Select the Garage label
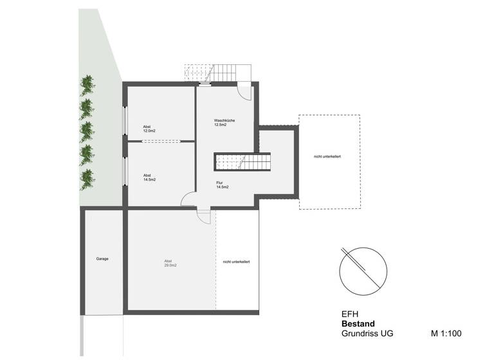102,258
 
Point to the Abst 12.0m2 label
149,129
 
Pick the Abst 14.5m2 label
149,177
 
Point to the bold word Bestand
358,324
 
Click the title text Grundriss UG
367,334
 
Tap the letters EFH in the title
348,314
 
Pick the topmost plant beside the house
87,84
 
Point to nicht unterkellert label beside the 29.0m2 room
237,262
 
